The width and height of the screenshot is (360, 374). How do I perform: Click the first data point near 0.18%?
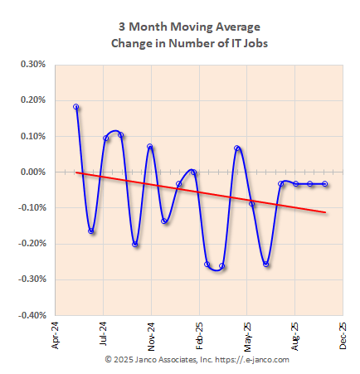[76, 107]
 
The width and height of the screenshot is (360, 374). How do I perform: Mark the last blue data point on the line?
[324, 184]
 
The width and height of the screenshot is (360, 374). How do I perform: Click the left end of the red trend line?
[77, 172]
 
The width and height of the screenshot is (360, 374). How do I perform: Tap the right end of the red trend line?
[324, 212]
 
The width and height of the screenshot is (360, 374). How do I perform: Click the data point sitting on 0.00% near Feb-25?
[193, 172]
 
